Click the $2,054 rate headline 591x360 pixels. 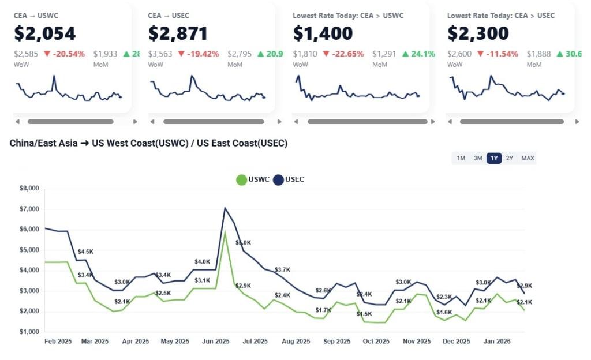45,33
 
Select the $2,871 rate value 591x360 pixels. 178,33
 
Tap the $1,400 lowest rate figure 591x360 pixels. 323,33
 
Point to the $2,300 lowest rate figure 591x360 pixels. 478,33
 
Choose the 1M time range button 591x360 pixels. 461,158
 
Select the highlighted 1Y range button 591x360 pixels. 494,158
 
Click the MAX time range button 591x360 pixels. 528,158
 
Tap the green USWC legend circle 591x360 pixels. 242,180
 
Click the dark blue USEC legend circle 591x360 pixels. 279,180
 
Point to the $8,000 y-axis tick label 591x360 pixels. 29,188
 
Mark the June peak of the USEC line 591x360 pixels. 225,208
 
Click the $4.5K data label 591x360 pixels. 86,252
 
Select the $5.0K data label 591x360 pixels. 243,243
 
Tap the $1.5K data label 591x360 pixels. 364,314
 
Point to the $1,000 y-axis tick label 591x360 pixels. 29,332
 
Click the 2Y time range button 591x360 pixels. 509,158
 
